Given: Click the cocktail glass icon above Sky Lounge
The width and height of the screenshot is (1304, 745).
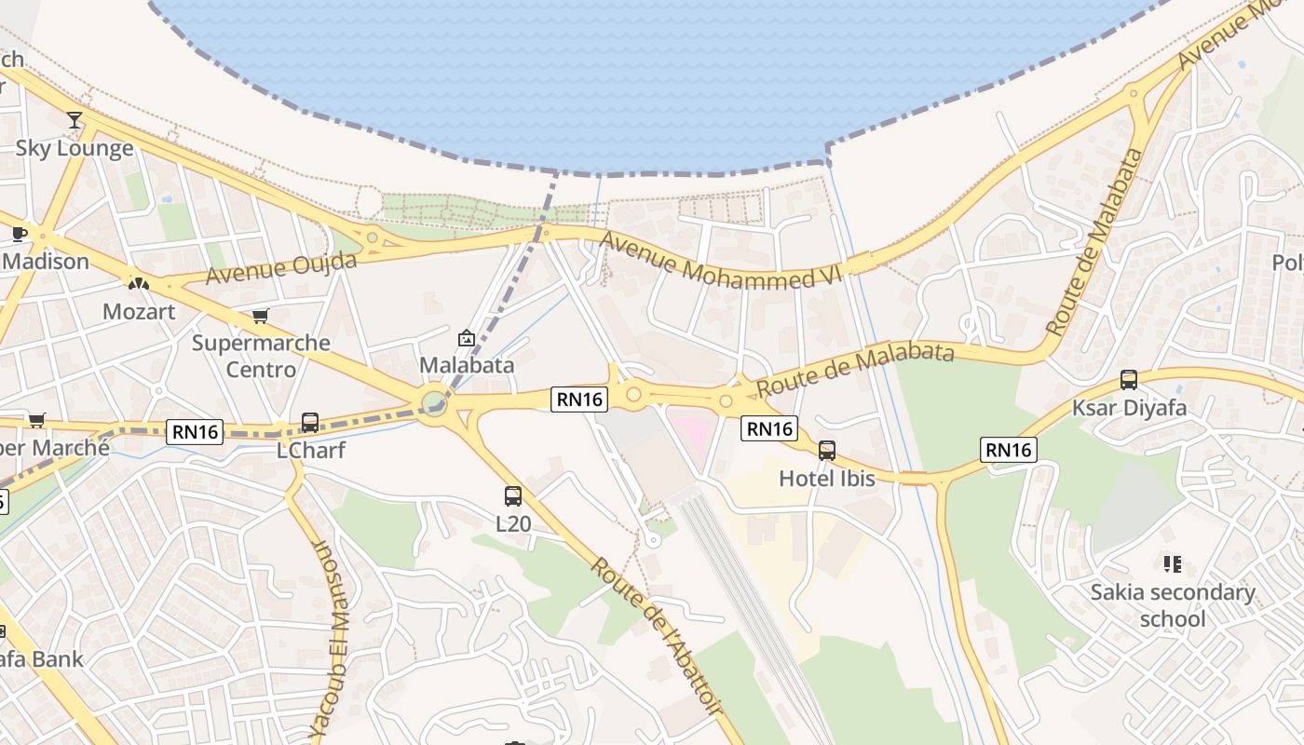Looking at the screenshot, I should coord(75,120).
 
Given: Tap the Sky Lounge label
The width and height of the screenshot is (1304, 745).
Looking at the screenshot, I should coord(75,148).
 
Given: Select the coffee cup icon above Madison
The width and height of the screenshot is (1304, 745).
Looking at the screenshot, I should coord(19,234).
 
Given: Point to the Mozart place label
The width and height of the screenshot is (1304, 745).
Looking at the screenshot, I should coord(139,311).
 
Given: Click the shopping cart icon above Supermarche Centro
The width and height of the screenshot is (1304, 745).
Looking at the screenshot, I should coord(260,317).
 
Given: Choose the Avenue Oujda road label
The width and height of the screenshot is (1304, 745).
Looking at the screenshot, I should coord(281,267).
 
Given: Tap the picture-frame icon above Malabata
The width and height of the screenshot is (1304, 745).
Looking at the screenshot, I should coord(467,338).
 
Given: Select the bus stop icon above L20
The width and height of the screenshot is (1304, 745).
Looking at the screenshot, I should coord(513,496).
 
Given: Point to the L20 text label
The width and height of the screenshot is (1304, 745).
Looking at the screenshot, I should coord(513,523).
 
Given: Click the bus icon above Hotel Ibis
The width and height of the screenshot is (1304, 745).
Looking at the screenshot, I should coord(826,452).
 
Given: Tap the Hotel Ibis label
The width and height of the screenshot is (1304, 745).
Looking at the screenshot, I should coord(827,479).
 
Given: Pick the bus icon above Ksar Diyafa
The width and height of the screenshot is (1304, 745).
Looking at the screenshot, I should coord(1129,380).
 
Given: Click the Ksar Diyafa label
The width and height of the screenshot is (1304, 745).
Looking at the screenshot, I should coord(1129,408).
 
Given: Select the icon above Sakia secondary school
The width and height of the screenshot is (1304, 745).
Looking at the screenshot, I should coord(1172,563).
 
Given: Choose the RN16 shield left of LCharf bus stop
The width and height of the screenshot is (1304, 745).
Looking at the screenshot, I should coord(197,431).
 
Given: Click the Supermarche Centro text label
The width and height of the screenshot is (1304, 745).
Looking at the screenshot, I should coord(261,356).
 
